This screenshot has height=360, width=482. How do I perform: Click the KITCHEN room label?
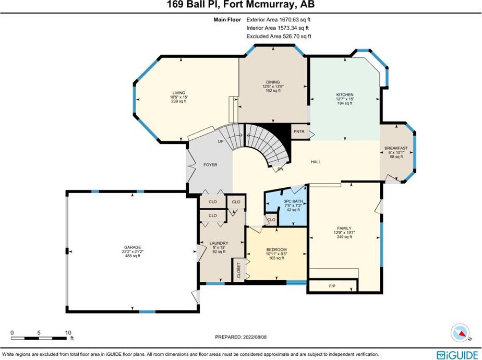[345, 94]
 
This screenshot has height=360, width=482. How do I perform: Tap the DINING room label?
[273, 82]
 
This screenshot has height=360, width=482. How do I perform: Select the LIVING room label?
[178, 92]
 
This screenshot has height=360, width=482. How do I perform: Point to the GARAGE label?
[132, 247]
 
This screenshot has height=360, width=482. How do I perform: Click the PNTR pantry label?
[299, 131]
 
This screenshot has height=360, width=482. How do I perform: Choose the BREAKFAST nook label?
[396, 148]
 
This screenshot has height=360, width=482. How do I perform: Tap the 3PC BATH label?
[293, 201]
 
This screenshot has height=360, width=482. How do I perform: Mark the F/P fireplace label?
[332, 286]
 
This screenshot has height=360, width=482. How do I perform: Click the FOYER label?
[210, 165]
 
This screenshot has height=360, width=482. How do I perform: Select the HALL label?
[316, 162]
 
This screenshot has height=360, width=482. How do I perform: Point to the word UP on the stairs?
[221, 141]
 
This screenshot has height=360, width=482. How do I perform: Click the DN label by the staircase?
[280, 169]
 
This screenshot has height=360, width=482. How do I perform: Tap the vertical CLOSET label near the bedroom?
[239, 271]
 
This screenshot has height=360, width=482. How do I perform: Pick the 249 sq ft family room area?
[344, 237]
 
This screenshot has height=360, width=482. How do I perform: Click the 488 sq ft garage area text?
[132, 256]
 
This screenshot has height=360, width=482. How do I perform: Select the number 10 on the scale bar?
[68, 333]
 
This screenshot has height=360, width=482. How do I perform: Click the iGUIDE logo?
[457, 354]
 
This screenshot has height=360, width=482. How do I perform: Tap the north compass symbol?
[460, 333]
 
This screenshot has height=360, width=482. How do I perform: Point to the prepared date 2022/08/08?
[255, 337]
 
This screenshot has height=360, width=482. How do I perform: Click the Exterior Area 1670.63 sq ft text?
[279, 20]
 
